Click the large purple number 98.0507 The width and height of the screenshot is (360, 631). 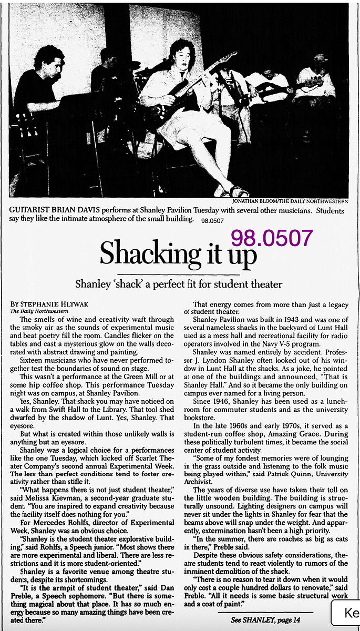coord(272,239)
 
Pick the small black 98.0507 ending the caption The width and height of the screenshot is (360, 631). coord(212,219)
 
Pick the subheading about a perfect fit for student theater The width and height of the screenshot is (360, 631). coord(179,284)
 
